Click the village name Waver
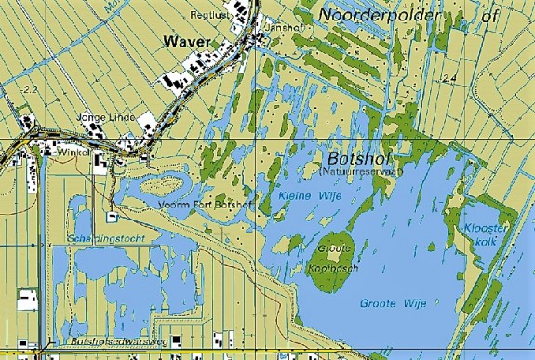184,41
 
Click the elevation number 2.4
450,77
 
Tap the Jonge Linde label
106,118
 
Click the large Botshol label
357,157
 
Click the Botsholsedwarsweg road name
113,343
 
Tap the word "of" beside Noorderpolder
491,16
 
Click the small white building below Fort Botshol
113,217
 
